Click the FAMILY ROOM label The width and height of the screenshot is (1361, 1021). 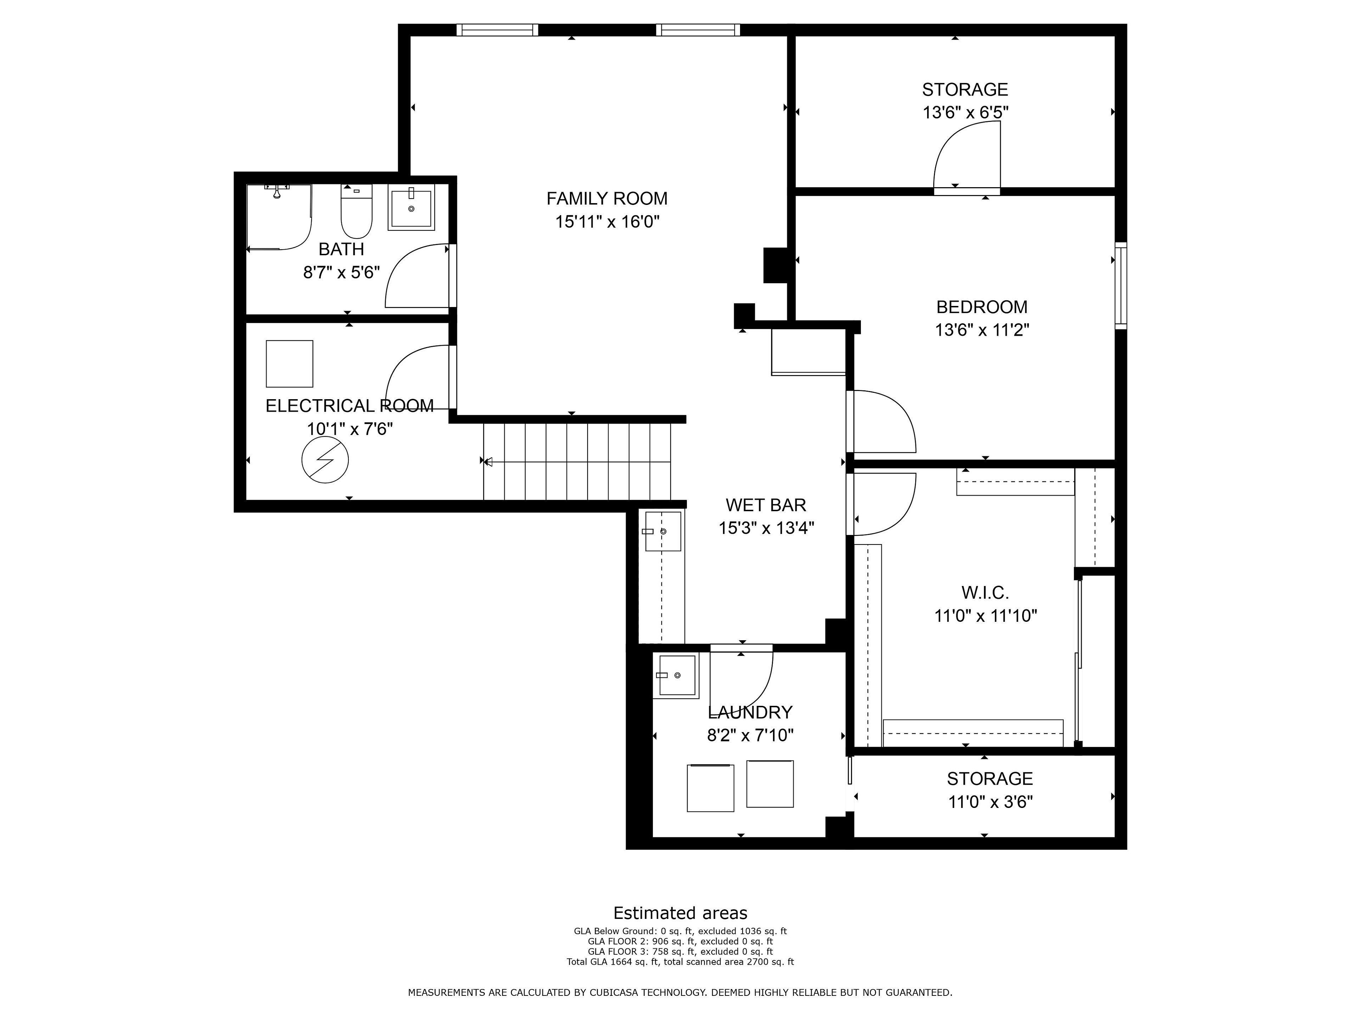[x=607, y=199]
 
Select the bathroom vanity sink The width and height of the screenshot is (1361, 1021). [x=411, y=207]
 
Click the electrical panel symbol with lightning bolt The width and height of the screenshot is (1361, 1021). [x=325, y=460]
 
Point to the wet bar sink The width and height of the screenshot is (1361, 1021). [x=663, y=531]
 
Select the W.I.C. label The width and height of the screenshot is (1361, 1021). [x=985, y=593]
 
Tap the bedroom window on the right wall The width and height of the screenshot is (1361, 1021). [x=1121, y=285]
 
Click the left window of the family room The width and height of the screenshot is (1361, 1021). [x=497, y=29]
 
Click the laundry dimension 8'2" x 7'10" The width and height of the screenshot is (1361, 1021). [x=750, y=735]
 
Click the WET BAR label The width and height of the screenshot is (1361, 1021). [x=766, y=505]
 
